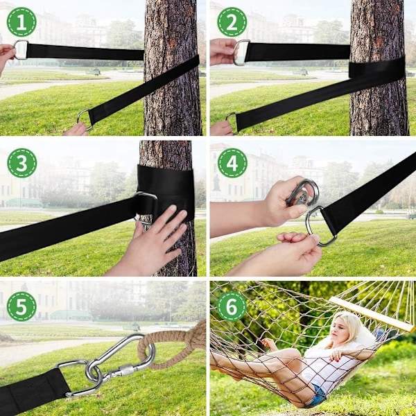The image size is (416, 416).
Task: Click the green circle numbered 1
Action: pyautogui.click(x=21, y=22)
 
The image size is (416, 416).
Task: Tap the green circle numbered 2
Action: pyautogui.click(x=232, y=22)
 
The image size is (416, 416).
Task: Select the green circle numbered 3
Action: pyautogui.click(x=21, y=163)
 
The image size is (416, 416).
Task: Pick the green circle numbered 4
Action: pyautogui.click(x=232, y=163)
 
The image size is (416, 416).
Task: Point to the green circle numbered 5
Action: pyautogui.click(x=21, y=306)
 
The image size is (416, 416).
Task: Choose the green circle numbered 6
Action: pyautogui.click(x=232, y=306)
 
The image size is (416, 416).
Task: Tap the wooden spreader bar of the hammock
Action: pyautogui.click(x=372, y=314)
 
